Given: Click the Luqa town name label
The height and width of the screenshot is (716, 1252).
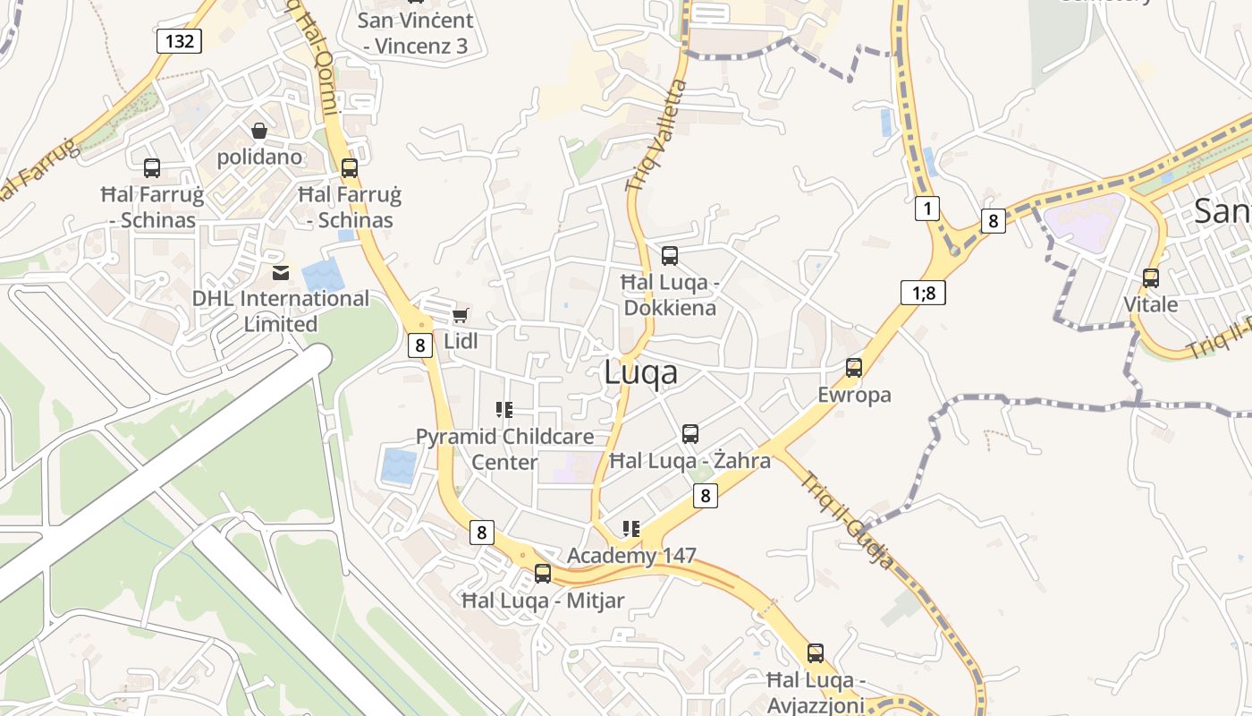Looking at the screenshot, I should point(640,372).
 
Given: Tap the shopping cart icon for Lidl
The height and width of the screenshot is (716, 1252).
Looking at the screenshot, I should point(460,315).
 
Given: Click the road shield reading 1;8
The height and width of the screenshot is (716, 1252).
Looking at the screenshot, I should point(923,293).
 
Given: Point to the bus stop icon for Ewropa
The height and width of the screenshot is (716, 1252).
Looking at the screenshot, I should point(854,367).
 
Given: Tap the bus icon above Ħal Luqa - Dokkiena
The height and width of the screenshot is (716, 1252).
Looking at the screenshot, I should point(670,256).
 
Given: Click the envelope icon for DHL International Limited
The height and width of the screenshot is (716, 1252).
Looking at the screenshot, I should point(281,272).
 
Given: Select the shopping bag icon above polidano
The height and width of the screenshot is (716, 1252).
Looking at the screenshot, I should point(259,132).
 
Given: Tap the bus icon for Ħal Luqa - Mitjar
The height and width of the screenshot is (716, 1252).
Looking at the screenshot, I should point(543,574).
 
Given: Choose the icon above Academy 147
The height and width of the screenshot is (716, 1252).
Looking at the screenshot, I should point(631,529).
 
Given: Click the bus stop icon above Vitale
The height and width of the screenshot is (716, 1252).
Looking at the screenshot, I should point(1151,277).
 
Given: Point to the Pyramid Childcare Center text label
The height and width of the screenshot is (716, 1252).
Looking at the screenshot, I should point(504,449).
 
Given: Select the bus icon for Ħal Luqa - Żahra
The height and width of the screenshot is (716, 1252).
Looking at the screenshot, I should point(690,434).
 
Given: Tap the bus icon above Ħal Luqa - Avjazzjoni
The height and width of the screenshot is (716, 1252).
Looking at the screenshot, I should point(816,653).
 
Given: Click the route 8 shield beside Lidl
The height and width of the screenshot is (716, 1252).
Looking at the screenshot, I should point(420,345).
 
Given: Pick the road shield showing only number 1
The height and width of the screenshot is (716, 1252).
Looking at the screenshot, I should point(927,209).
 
